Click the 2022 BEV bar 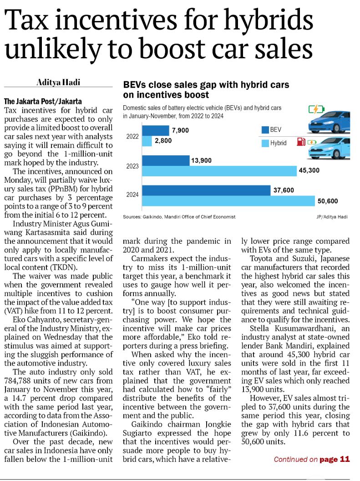coord(156,130)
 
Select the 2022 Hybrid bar coord(147,141)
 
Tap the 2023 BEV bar coord(166,160)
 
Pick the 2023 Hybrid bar coord(219,171)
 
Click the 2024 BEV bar coord(206,190)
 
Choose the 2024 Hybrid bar coord(228,200)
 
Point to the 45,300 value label coord(309,170)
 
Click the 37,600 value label coord(284,190)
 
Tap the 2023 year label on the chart coord(132,166)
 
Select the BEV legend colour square coord(265,130)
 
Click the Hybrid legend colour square coord(265,143)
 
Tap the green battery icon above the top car coord(316,109)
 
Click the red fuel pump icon coord(301,142)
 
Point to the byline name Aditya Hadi coord(58,82)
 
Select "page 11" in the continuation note coord(335,459)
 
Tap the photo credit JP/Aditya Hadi coord(332,217)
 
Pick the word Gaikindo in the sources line coord(152,217)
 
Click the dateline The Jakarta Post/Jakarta coord(43,101)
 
